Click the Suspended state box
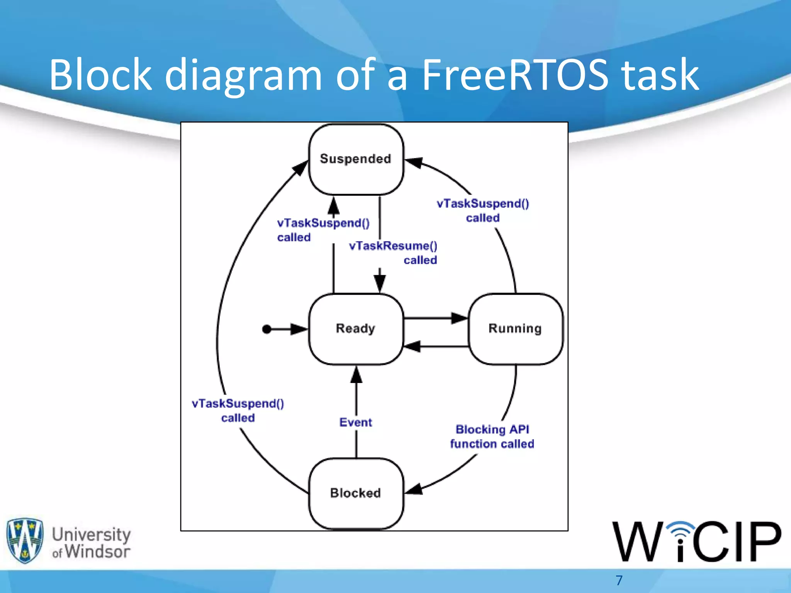pyautogui.click(x=356, y=159)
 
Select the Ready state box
pyautogui.click(x=356, y=329)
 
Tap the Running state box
pyautogui.click(x=515, y=329)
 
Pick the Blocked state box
pyautogui.click(x=356, y=493)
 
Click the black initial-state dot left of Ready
pyautogui.click(x=266, y=329)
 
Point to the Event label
pyautogui.click(x=355, y=422)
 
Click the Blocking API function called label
pyautogui.click(x=492, y=437)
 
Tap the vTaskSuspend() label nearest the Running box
pyautogui.click(x=483, y=210)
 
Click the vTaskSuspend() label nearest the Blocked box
pyautogui.click(x=238, y=410)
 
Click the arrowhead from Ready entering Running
pyautogui.click(x=460, y=319)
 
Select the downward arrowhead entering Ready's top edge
pyautogui.click(x=380, y=284)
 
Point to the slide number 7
pyautogui.click(x=619, y=580)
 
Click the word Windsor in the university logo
pyautogui.click(x=97, y=551)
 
